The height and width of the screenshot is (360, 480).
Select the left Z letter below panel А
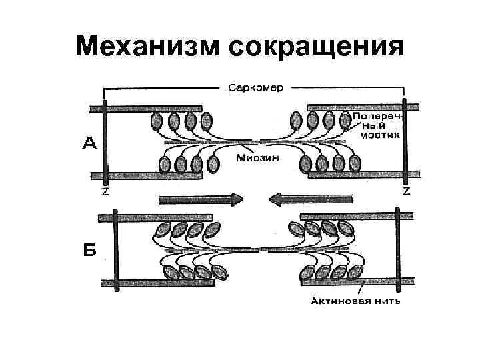[x=105, y=191]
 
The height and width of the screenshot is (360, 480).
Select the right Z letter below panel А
[x=405, y=191]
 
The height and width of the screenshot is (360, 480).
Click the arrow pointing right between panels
[x=201, y=198]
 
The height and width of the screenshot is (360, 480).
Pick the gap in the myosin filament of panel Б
[x=265, y=251]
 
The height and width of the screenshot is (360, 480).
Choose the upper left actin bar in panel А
[x=147, y=107]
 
